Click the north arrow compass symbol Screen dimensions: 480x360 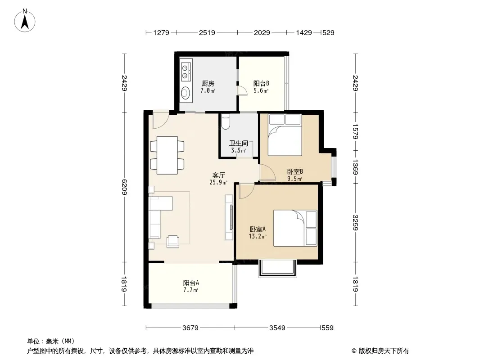point(25,20)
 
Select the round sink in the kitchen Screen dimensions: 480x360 point(186,92)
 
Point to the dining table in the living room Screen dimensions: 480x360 point(167,155)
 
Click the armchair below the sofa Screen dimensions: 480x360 point(173,241)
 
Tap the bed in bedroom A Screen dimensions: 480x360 point(295,228)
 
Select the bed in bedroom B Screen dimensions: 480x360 point(285,135)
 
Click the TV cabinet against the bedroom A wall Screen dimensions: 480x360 point(229,217)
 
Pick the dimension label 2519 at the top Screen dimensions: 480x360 point(207,32)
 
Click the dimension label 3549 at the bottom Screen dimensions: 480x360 point(277,328)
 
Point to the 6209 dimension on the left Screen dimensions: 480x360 point(124,187)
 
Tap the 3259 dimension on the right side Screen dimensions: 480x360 point(355,223)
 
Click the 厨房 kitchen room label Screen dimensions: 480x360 point(208,83)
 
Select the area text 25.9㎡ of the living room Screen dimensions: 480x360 point(218,183)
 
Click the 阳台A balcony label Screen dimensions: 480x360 point(191,283)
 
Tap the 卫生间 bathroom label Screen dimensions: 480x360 point(239,143)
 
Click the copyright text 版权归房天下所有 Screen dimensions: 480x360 point(384,351)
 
